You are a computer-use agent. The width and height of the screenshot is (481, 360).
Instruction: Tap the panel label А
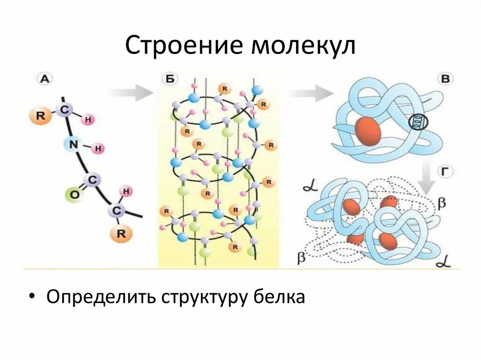click(x=44, y=79)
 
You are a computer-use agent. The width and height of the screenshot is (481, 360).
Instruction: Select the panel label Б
click(x=170, y=79)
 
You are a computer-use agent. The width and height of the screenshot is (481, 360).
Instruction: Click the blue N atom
click(x=72, y=145)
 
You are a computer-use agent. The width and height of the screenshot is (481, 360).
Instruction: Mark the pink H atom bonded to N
click(x=98, y=149)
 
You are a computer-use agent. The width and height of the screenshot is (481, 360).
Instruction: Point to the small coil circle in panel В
click(x=417, y=122)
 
